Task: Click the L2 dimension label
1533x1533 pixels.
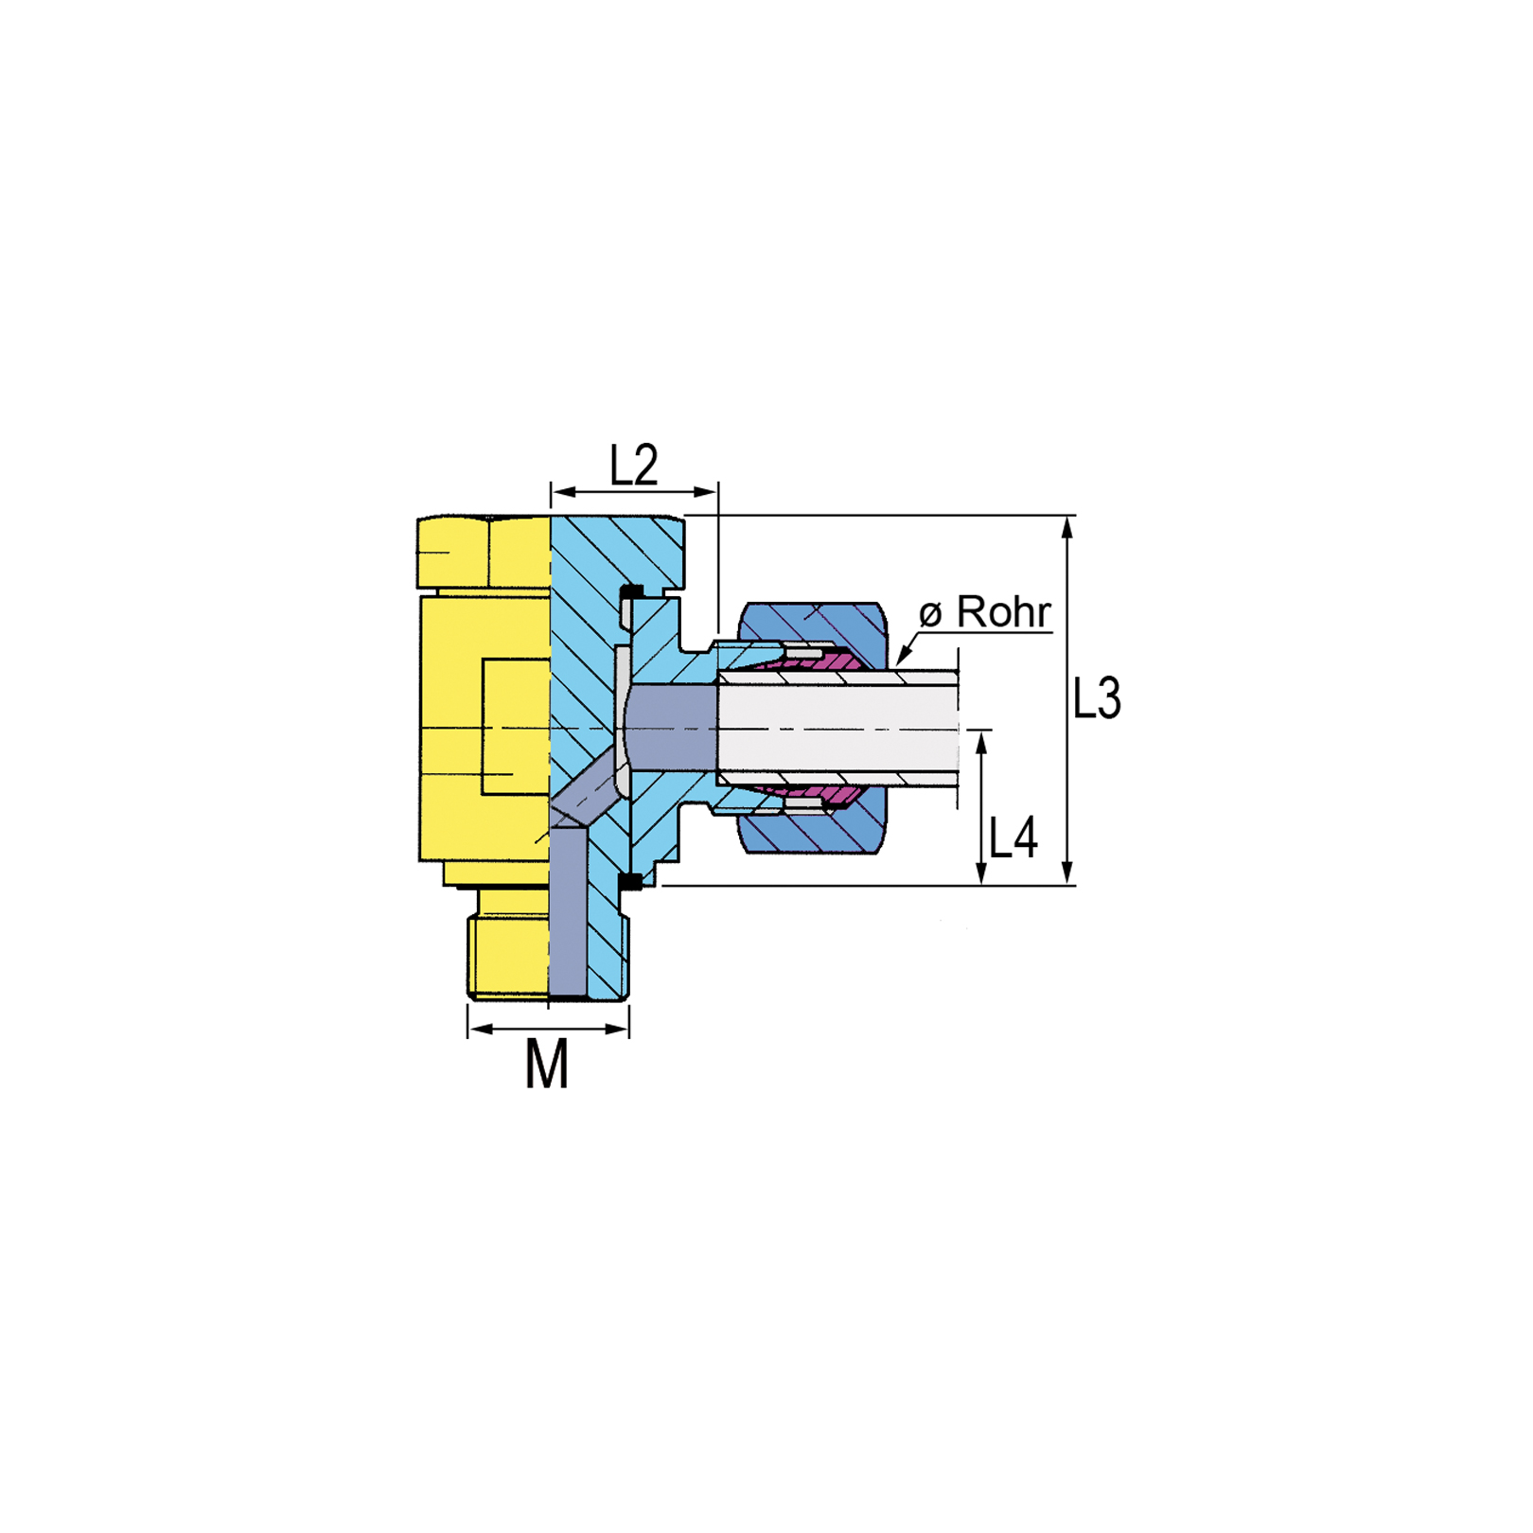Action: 633,465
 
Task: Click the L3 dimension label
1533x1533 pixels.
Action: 1097,698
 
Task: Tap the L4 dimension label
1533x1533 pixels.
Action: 1013,837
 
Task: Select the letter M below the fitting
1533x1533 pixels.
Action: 547,1064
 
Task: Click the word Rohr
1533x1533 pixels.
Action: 1003,611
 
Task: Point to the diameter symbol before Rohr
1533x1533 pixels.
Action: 931,614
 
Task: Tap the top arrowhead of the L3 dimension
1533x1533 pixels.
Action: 1067,526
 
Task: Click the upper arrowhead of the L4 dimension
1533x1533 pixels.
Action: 981,742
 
